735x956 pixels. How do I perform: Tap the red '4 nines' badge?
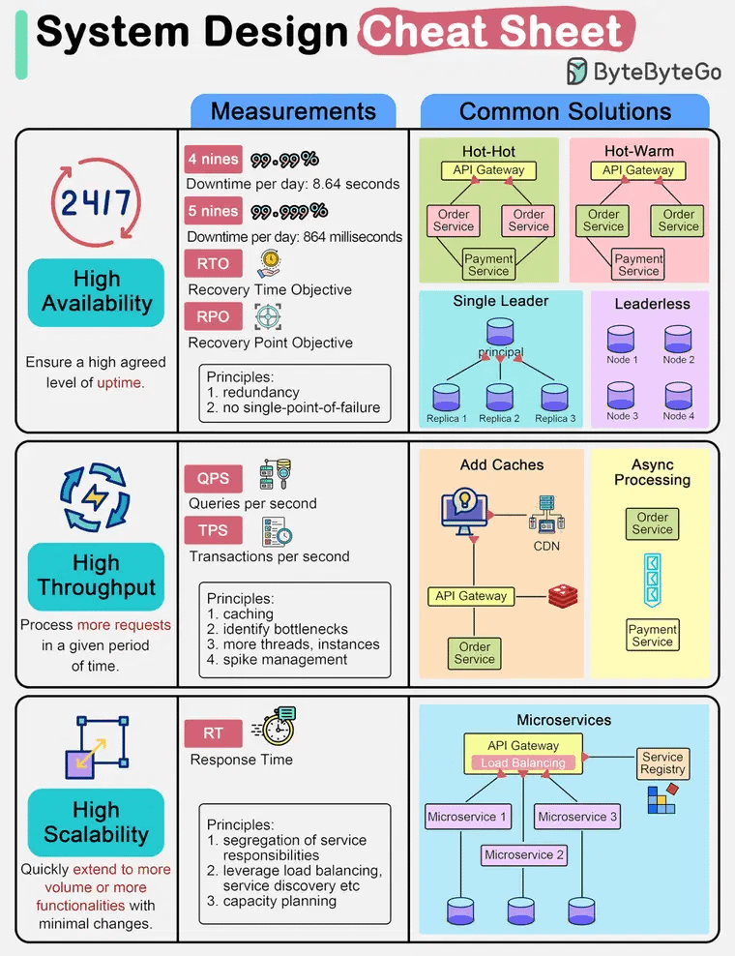[x=213, y=160]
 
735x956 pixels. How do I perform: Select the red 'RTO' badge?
[x=213, y=263]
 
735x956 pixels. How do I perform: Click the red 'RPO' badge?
[x=213, y=316]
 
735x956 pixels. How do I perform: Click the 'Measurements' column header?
[x=293, y=111]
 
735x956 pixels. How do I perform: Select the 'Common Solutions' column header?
[x=565, y=111]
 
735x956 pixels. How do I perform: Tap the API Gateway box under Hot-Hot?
[x=488, y=170]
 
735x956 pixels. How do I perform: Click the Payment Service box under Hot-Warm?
[x=638, y=265]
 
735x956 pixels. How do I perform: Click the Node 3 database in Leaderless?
[x=622, y=396]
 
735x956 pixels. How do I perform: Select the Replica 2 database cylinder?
[x=500, y=397]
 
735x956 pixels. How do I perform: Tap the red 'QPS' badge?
[x=213, y=479]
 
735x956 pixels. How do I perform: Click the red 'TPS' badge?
[x=213, y=530]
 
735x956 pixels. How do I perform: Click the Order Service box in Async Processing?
[x=652, y=523]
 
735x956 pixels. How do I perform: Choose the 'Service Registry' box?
[x=662, y=763]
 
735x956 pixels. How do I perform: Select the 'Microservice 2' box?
[x=523, y=855]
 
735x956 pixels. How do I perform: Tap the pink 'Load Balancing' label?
[x=522, y=763]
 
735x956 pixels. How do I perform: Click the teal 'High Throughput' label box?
[x=96, y=576]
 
